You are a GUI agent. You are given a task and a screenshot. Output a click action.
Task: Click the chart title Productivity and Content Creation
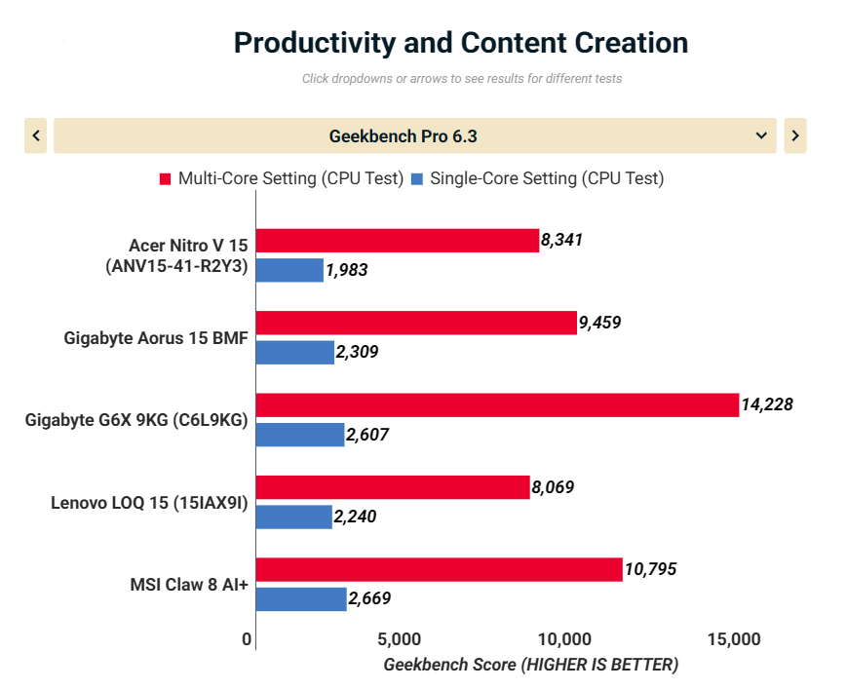461,43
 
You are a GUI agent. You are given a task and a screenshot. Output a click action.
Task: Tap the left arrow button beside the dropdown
36,136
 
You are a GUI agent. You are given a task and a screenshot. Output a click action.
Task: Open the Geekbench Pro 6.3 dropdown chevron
761,136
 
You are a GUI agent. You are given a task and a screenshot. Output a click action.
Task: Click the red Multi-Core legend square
166,179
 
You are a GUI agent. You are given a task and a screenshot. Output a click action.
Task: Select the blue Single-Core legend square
417,179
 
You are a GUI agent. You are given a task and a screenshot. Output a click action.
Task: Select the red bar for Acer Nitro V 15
398,241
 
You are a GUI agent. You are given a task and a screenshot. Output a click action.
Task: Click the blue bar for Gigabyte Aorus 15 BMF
295,353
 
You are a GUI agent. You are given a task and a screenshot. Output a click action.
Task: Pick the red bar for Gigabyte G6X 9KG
497,404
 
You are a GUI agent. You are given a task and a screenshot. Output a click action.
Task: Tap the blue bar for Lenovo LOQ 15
294,517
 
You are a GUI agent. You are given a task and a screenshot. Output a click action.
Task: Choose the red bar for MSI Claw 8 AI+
439,569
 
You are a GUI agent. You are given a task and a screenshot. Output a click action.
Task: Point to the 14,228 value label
768,404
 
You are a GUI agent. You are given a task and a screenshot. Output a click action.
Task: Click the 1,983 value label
347,271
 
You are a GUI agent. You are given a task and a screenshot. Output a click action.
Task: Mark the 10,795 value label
651,569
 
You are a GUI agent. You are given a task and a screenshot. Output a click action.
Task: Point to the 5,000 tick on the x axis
398,640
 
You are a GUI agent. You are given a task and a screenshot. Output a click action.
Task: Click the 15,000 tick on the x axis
733,640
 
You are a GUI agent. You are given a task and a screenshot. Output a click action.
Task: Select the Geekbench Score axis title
530,665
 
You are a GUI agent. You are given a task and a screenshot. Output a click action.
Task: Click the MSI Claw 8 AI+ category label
188,585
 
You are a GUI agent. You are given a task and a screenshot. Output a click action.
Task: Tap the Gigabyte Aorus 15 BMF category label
155,338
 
